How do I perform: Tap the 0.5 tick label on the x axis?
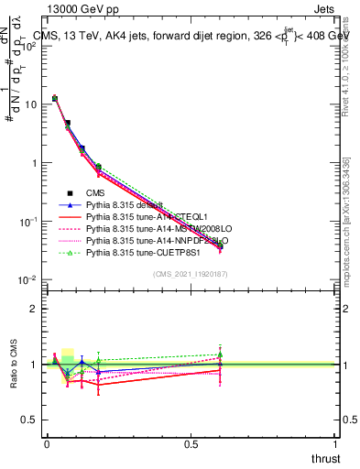click(x=191, y=442)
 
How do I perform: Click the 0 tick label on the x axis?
click(x=47, y=442)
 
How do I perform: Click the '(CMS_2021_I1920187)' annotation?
click(x=190, y=272)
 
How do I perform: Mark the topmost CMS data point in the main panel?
click(x=55, y=98)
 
